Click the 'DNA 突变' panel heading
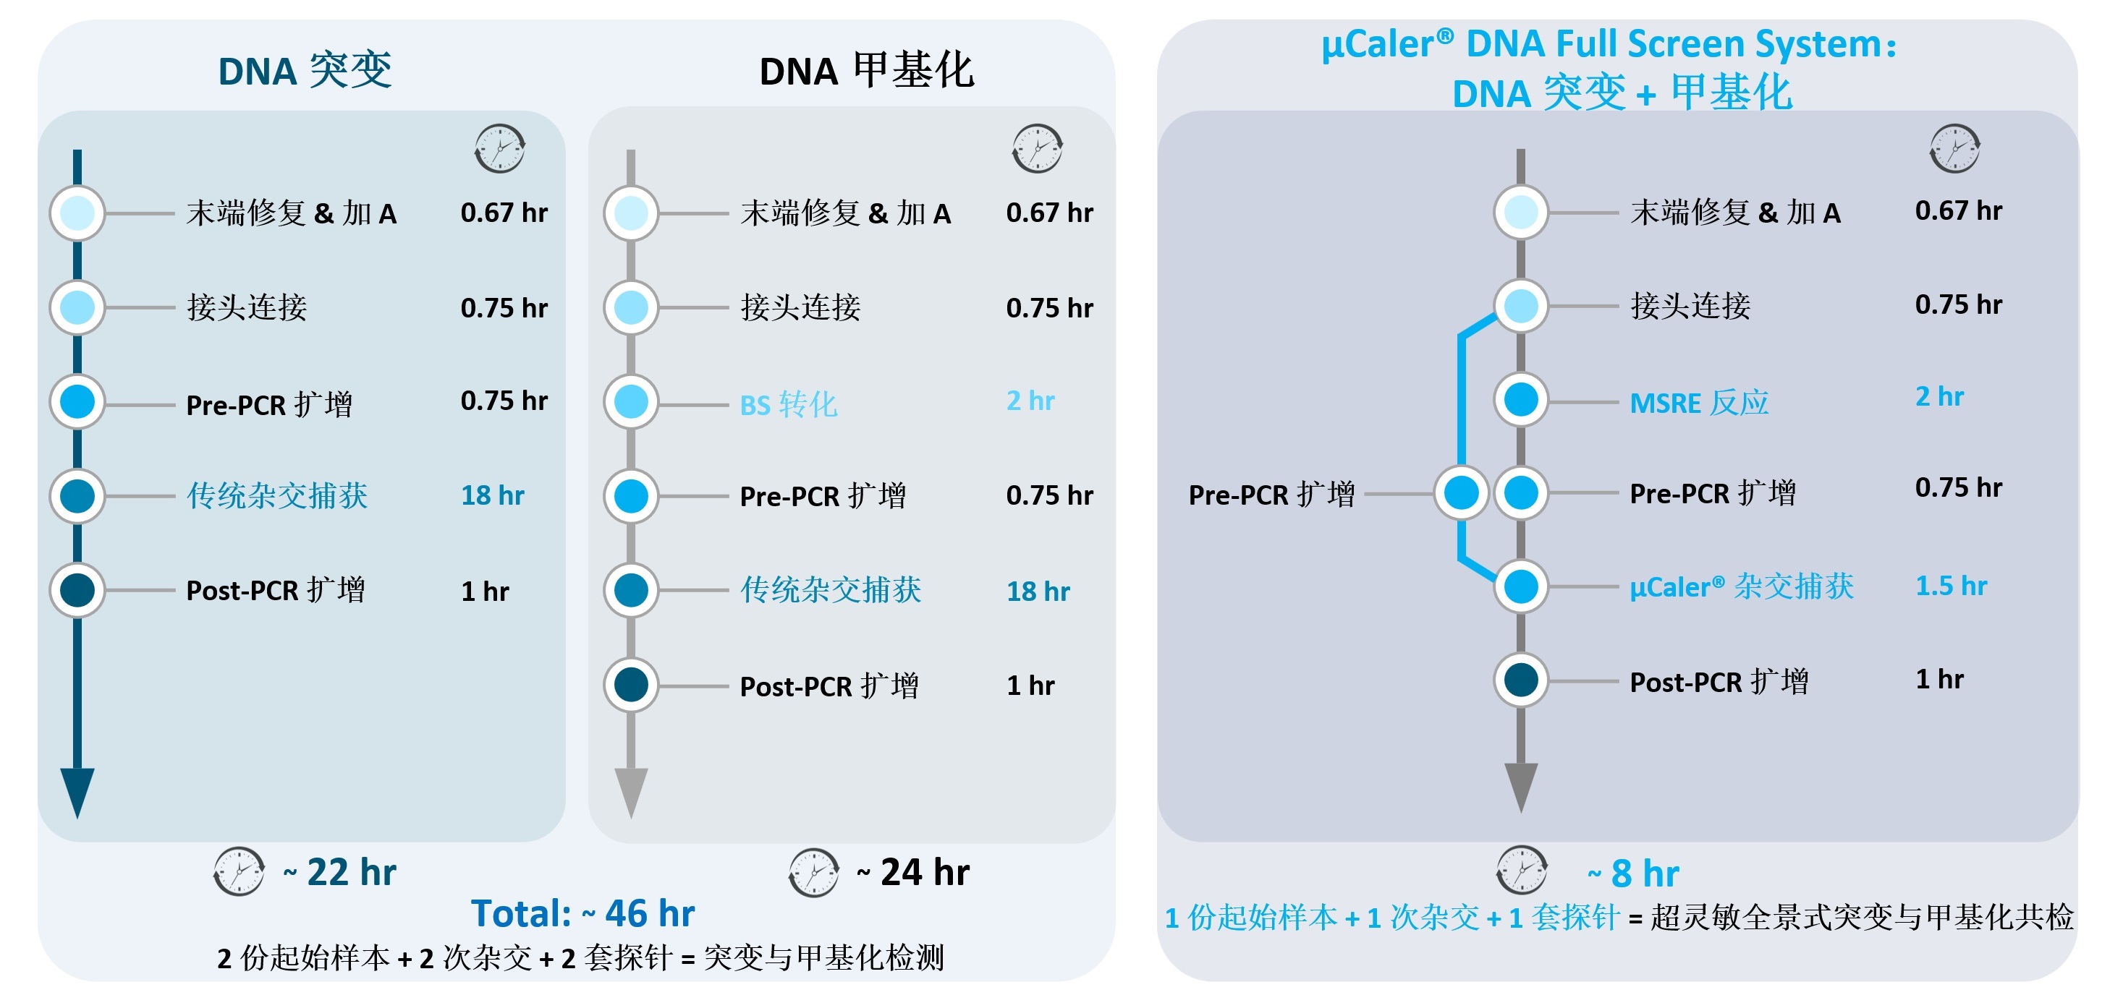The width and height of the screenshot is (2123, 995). point(305,71)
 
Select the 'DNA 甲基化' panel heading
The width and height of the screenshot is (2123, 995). point(866,71)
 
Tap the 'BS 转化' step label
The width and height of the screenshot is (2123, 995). point(789,404)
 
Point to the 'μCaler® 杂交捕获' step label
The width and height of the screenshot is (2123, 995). point(1742,586)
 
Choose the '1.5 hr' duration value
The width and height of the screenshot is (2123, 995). point(1951,586)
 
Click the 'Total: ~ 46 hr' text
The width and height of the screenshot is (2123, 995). point(582,913)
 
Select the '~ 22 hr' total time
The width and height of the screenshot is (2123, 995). point(339,872)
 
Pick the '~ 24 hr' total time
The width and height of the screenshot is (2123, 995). point(913,872)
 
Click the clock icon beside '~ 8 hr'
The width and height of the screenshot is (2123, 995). point(1522,870)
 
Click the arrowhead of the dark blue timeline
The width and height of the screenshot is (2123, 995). point(77,791)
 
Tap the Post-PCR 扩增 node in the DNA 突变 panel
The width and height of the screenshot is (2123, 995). point(77,591)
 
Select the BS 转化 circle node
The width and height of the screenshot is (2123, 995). point(631,402)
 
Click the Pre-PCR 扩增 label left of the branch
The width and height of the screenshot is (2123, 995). point(1271,494)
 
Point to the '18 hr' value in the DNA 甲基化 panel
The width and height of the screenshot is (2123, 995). point(1038,591)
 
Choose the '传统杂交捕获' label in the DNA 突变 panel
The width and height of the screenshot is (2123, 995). point(277,495)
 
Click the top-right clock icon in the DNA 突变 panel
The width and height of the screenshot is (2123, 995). point(500,149)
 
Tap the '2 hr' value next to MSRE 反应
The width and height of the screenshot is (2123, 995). point(1939,397)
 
